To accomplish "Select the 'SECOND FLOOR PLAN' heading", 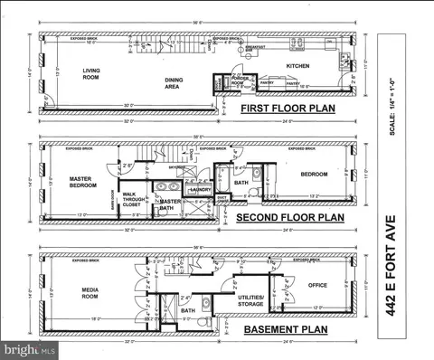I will tap(289, 218).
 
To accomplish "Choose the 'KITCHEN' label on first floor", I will tap(298, 66).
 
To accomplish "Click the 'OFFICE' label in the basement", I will tap(316, 286).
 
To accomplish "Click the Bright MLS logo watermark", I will tap(27, 348).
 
